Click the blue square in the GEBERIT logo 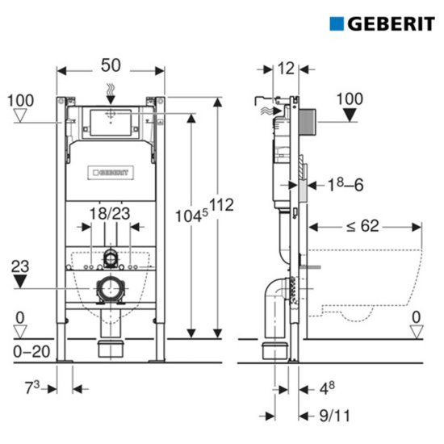pyautogui.click(x=337, y=23)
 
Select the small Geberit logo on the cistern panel pyautogui.click(x=111, y=171)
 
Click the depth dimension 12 pyautogui.click(x=286, y=69)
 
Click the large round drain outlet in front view pyautogui.click(x=111, y=288)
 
